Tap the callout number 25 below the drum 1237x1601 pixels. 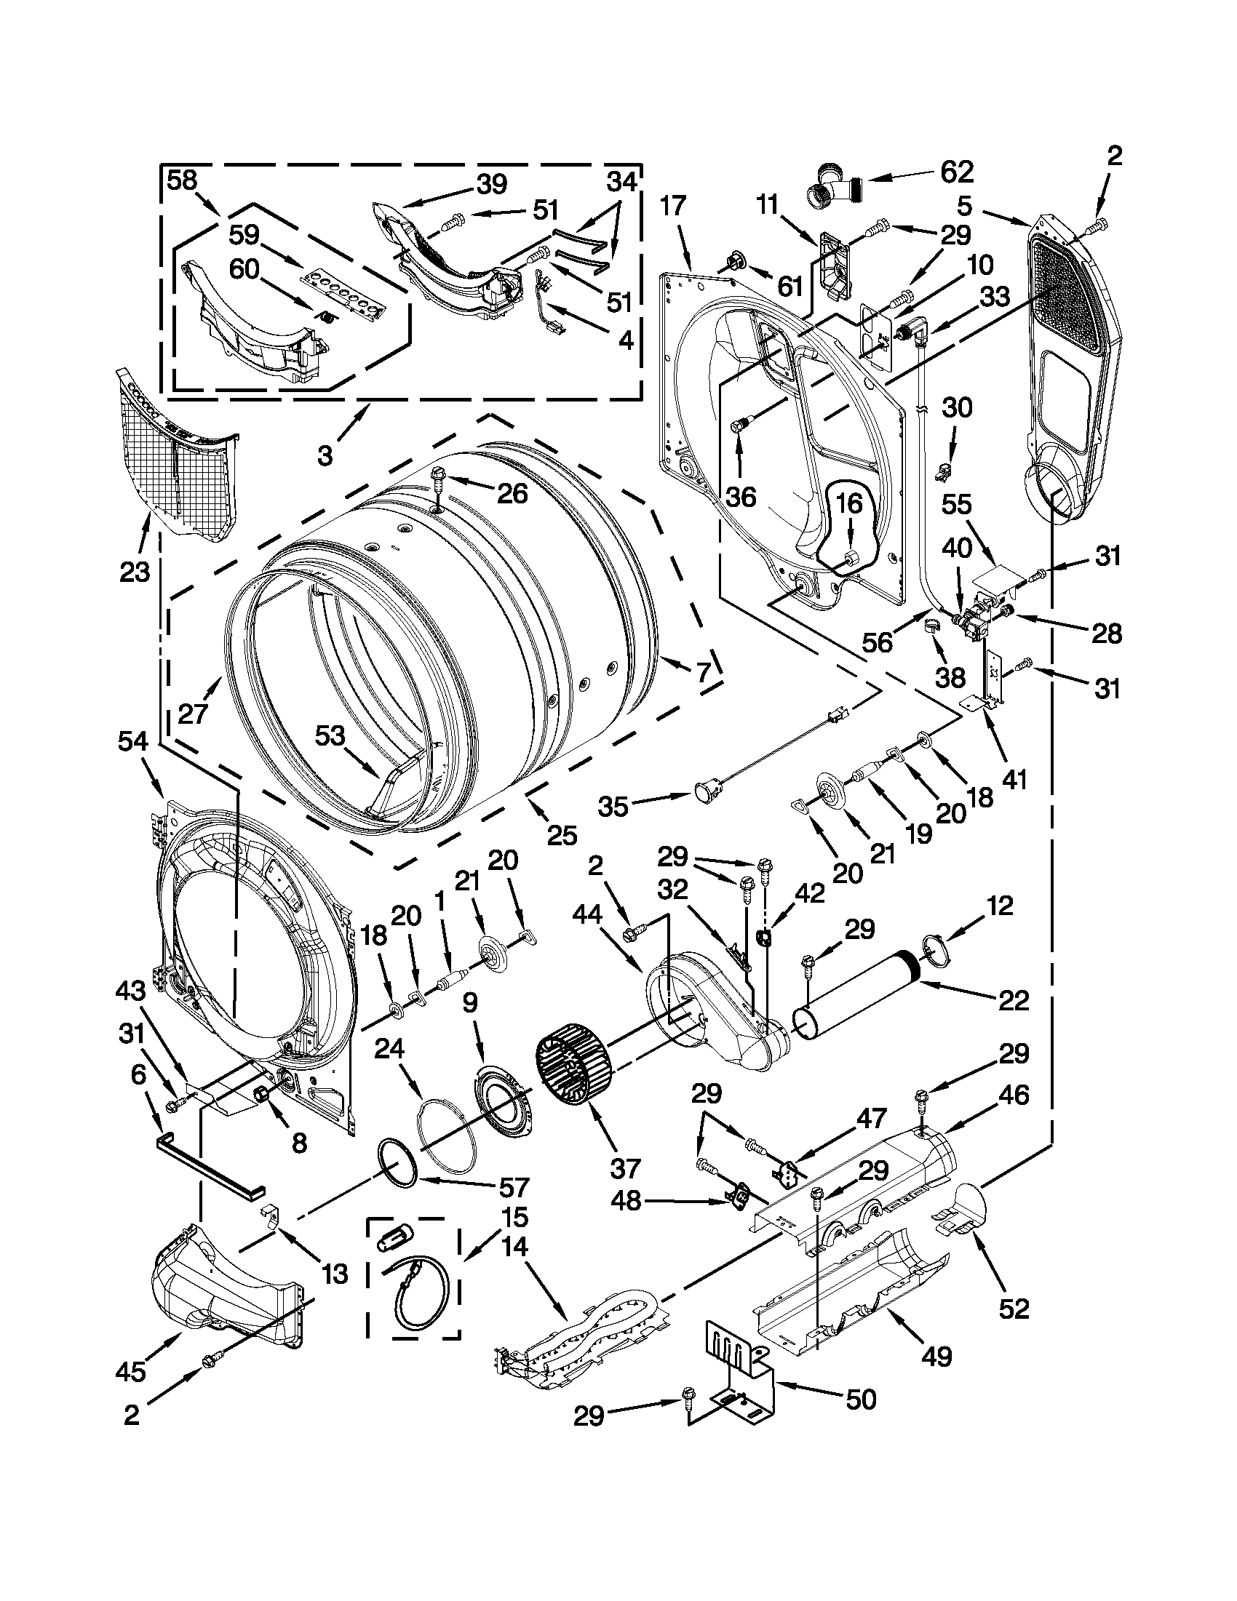coord(562,835)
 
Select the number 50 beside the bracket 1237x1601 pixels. coord(860,1399)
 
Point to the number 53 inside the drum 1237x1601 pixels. coord(330,735)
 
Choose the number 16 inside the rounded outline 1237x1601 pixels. coord(849,503)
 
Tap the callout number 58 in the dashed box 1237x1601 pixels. coord(182,180)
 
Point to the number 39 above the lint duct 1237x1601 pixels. coord(491,185)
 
